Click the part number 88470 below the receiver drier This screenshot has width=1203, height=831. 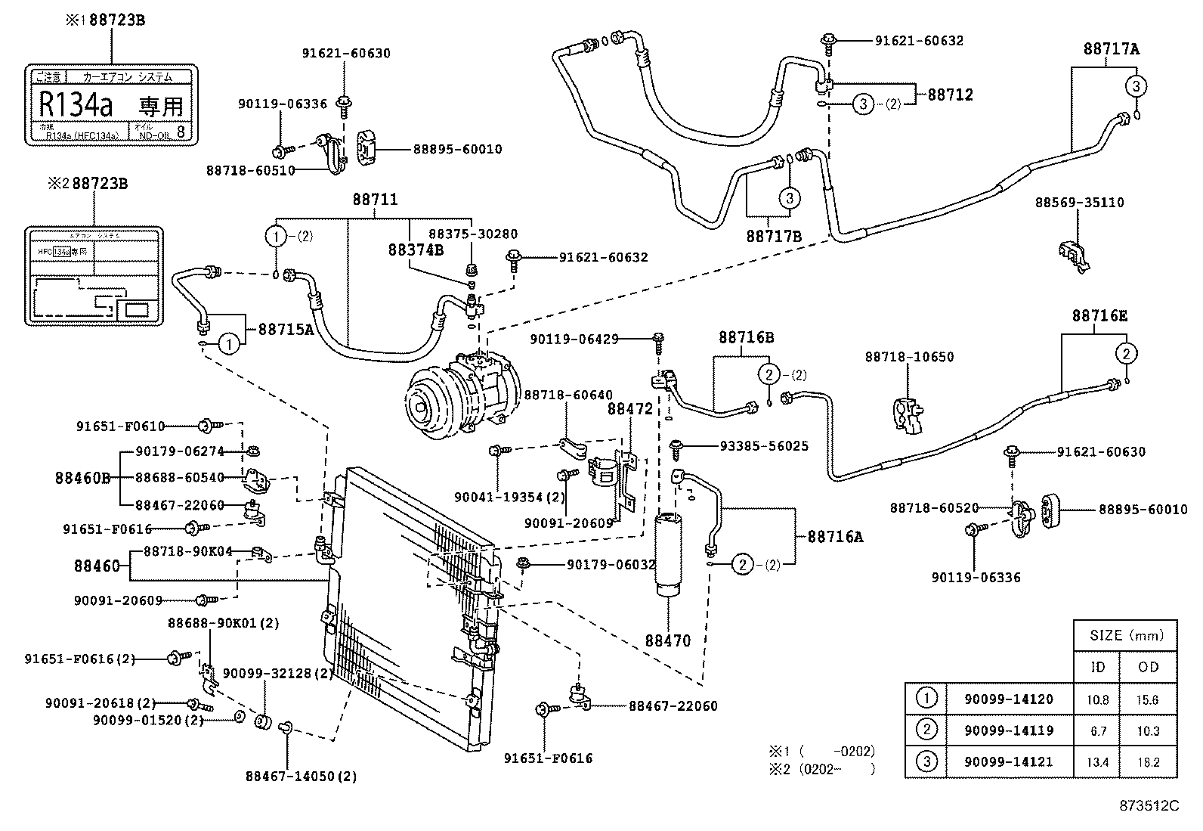click(667, 640)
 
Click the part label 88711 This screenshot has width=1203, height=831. click(375, 200)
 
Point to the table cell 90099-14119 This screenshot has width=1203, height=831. click(1008, 730)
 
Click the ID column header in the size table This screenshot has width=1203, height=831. click(1097, 667)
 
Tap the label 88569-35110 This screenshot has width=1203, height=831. click(1079, 203)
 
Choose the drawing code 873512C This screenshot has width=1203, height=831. click(1149, 806)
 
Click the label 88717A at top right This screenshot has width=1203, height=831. click(1111, 48)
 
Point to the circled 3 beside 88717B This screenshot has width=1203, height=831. click(789, 198)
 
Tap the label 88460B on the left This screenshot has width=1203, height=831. click(82, 478)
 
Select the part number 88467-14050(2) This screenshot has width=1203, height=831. click(301, 776)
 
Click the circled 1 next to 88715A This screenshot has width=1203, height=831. click(230, 344)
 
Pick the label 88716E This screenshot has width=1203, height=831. click(1099, 316)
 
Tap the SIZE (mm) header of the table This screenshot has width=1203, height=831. click(1126, 635)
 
